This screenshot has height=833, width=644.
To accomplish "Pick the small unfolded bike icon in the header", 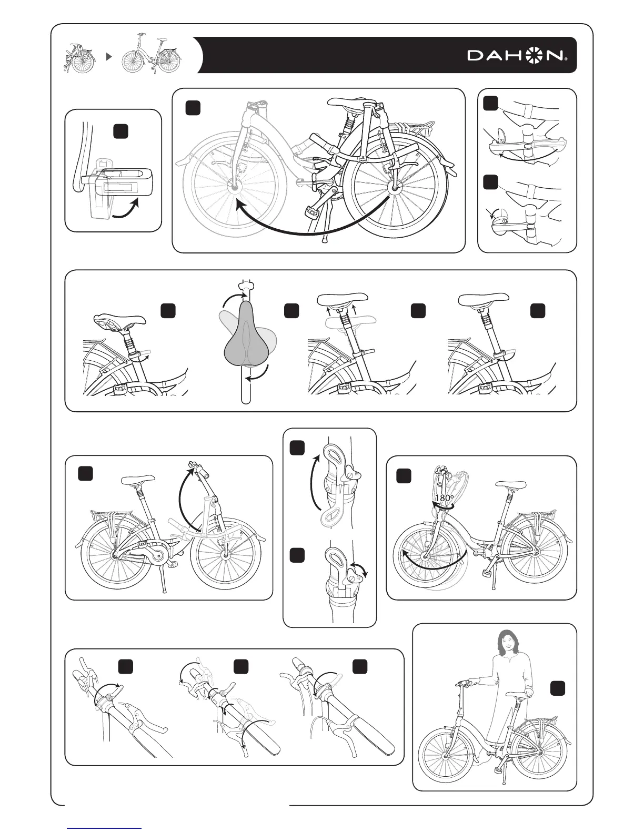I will [152, 55].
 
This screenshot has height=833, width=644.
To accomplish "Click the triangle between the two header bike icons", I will [108, 56].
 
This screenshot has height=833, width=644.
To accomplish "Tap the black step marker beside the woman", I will [558, 688].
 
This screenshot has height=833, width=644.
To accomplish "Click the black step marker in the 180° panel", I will [404, 476].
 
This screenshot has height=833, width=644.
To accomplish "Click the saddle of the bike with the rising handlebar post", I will [138, 479].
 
